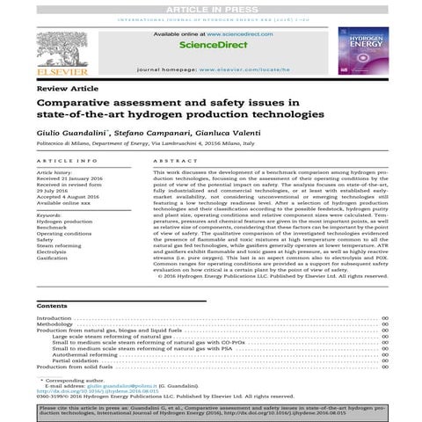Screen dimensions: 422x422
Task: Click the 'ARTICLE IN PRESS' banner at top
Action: tap(211, 8)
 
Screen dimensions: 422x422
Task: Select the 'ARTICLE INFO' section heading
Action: tap(62, 162)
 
